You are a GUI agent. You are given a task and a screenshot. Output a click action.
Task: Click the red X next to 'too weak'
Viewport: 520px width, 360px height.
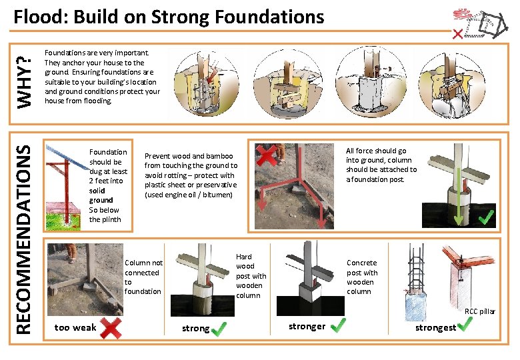click(x=109, y=327)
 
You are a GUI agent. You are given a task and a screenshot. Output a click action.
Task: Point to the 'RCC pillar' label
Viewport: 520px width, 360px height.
click(x=480, y=311)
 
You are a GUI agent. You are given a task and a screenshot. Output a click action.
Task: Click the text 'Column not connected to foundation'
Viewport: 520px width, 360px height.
click(x=143, y=277)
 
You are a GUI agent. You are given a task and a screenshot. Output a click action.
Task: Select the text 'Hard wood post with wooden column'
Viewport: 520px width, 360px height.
click(x=251, y=276)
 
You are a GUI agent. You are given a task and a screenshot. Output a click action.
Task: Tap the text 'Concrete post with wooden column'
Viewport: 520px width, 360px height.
click(x=362, y=277)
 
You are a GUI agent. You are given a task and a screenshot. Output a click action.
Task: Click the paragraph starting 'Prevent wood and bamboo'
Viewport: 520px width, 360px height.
click(x=191, y=175)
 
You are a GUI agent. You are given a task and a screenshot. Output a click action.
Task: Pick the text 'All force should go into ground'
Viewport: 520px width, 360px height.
click(x=381, y=165)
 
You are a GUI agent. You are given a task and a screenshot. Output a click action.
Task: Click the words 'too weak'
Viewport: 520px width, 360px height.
click(x=75, y=327)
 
